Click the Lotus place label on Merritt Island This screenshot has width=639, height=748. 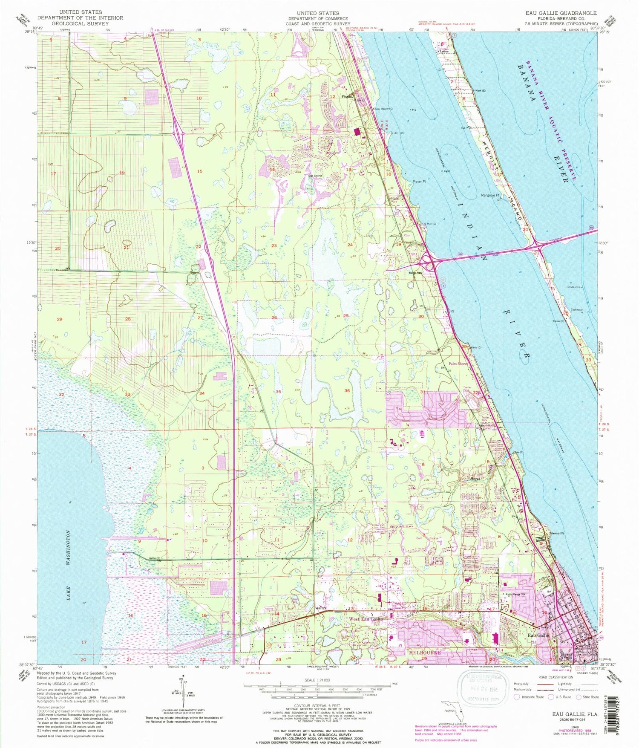tap(444, 51)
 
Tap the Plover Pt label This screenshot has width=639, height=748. tap(419, 182)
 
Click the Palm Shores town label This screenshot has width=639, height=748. tap(457, 364)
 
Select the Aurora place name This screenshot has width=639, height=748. tap(321, 608)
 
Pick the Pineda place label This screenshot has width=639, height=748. tap(347, 96)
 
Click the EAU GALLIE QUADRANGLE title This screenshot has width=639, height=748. tap(561, 13)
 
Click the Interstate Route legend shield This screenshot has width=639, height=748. tap(517, 697)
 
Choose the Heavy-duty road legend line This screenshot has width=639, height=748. tap(545, 684)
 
